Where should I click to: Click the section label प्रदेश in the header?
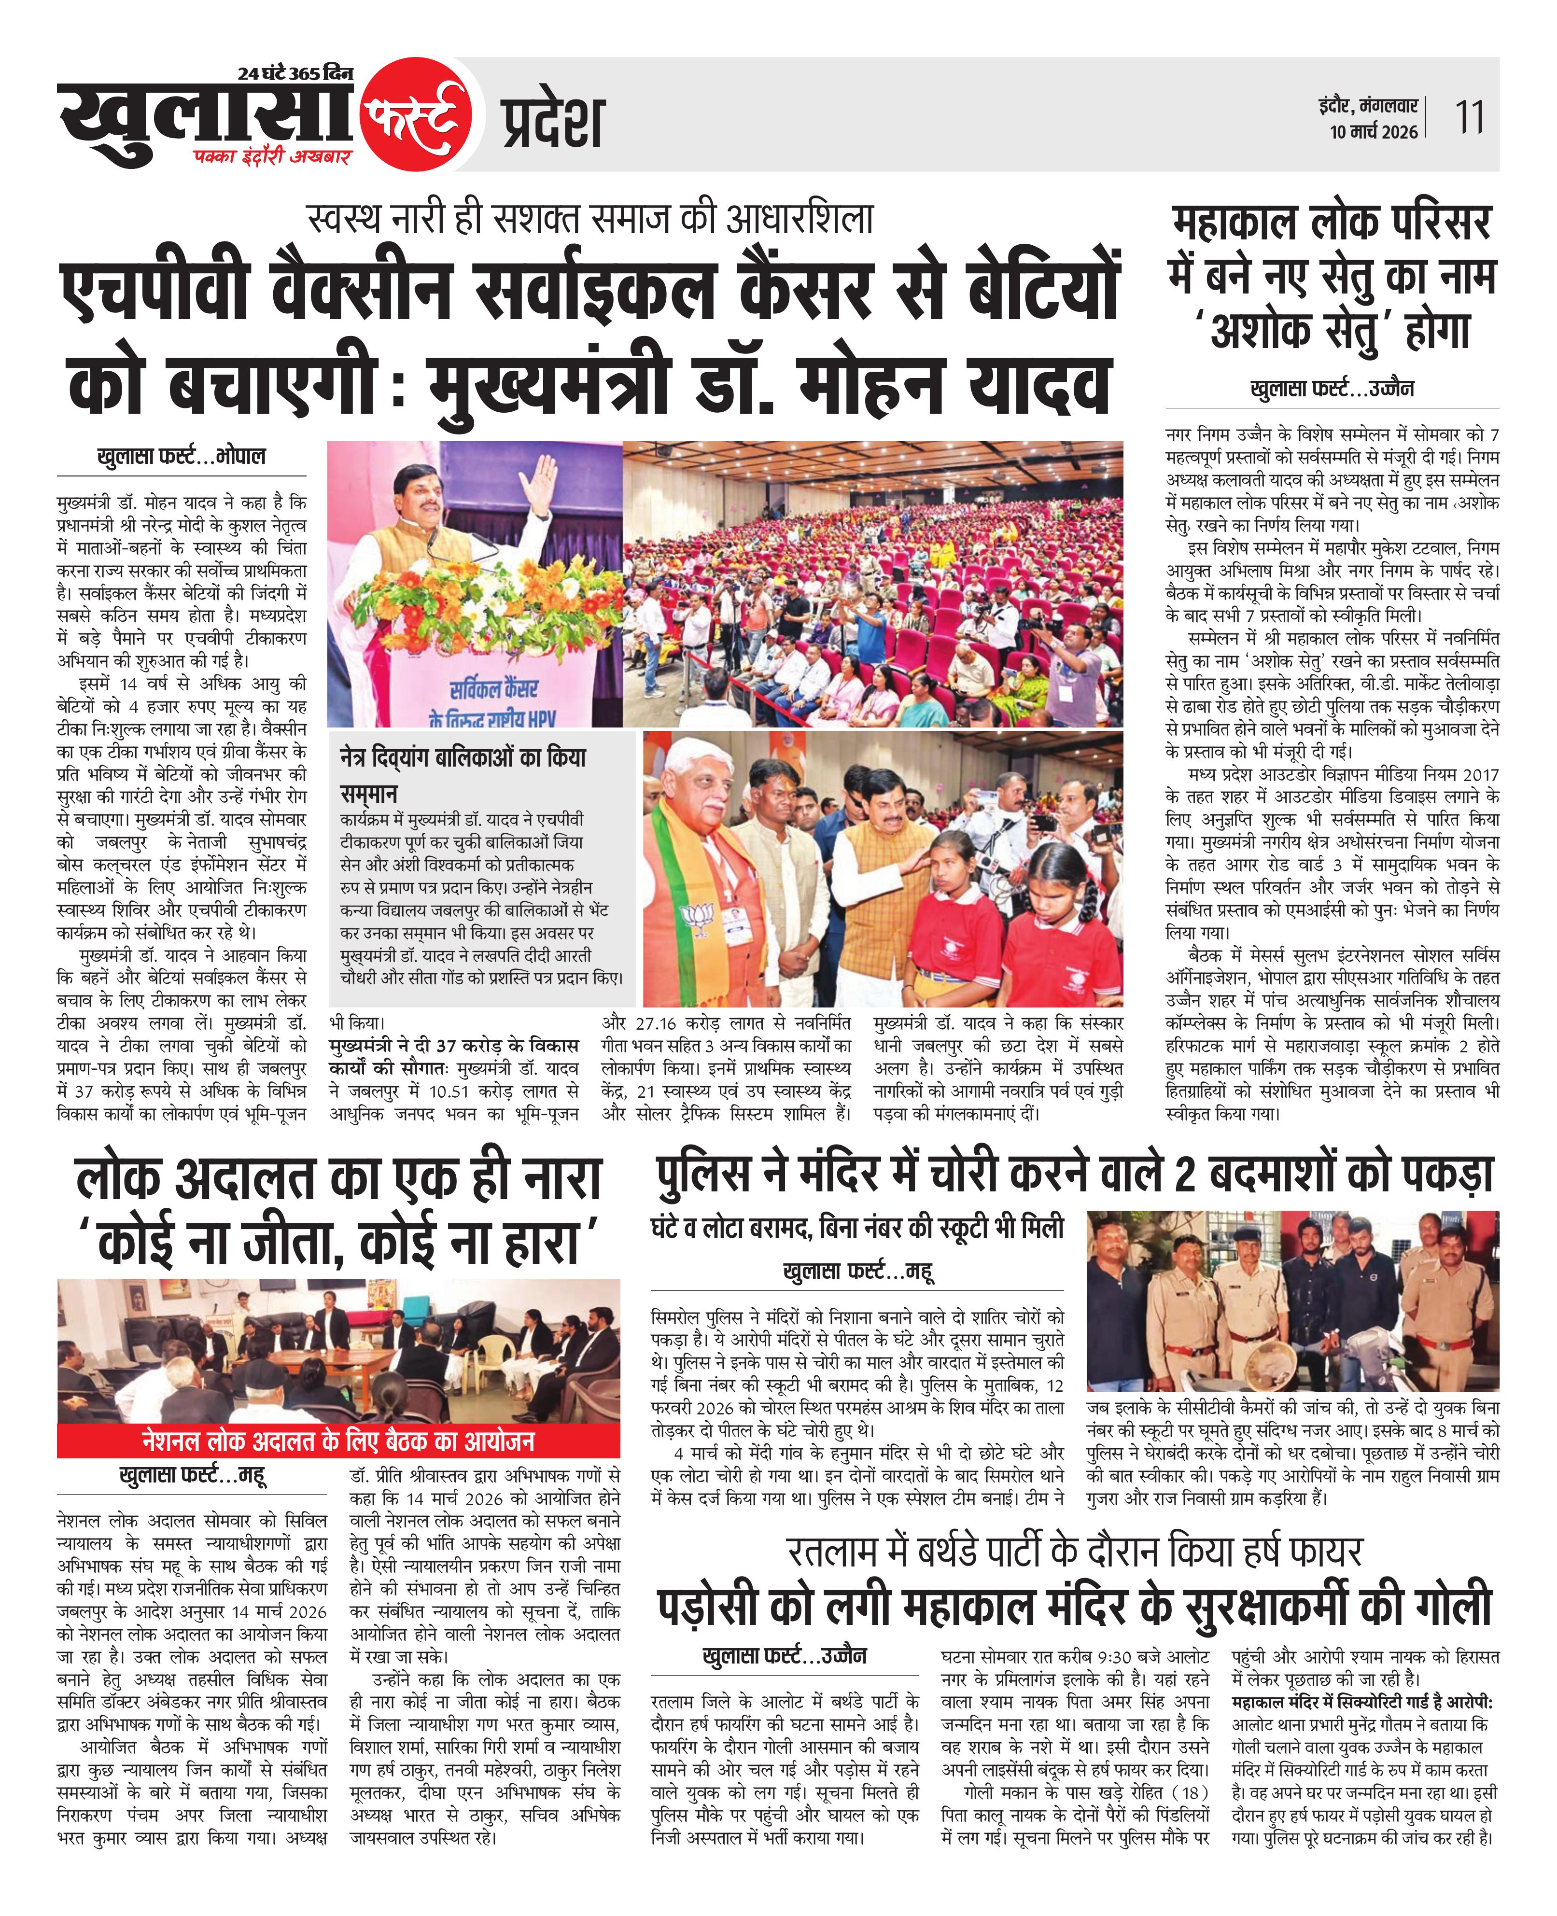[x=552, y=122]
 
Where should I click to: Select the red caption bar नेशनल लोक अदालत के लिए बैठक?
[x=338, y=1441]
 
